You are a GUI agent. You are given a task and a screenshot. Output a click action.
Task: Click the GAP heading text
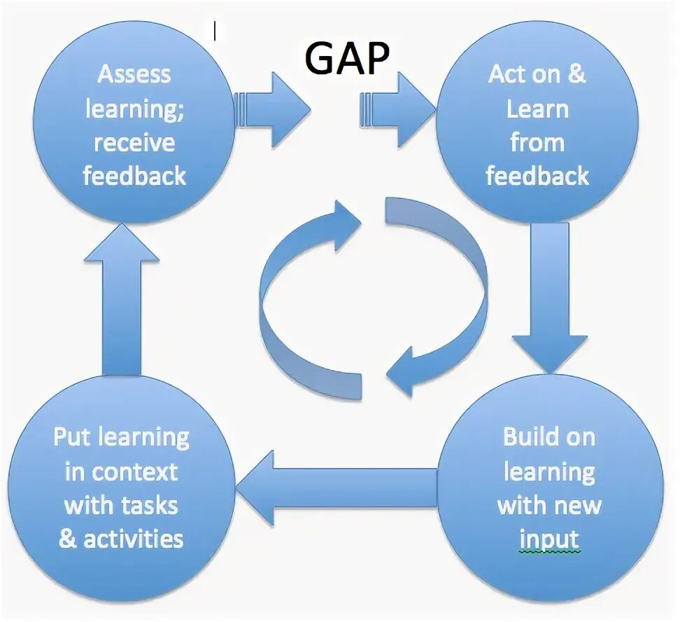tap(347, 58)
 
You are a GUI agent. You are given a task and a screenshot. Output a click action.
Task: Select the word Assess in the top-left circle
tap(134, 75)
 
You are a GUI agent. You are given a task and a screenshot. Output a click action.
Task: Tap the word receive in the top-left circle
tap(134, 143)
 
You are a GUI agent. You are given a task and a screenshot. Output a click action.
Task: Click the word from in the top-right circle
tap(537, 143)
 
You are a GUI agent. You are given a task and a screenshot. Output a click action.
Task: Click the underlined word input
tap(549, 539)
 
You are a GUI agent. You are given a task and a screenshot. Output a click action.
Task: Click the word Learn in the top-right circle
tap(537, 109)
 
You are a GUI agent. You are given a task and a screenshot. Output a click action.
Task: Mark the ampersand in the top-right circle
tap(576, 75)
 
